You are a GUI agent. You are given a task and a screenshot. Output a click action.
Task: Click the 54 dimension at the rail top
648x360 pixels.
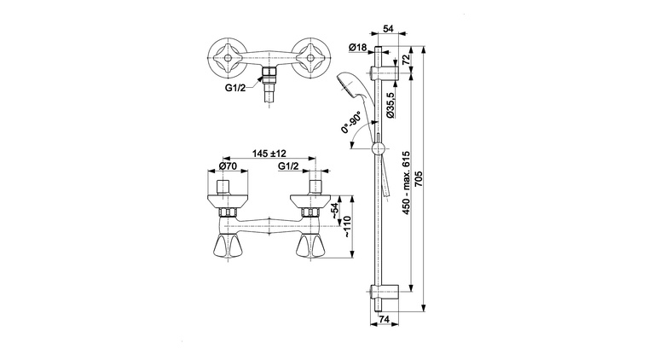click(x=388, y=28)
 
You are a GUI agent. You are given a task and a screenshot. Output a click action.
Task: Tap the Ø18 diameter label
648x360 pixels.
click(x=358, y=48)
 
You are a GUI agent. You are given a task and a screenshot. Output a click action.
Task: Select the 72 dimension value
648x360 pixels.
click(x=406, y=58)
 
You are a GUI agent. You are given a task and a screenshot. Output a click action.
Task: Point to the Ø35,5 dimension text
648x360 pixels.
click(x=391, y=105)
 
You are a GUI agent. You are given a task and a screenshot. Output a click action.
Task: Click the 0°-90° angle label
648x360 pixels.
click(x=351, y=123)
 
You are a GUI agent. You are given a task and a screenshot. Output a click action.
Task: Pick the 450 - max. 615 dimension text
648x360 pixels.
click(x=406, y=183)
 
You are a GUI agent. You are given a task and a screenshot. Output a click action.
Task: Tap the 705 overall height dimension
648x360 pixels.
click(x=419, y=179)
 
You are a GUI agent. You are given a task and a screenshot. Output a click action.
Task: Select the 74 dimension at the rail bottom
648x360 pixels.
click(x=384, y=320)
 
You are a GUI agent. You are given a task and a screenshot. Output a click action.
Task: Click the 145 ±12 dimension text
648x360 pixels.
click(x=269, y=154)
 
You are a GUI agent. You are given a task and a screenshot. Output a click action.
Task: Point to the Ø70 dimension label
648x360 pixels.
click(x=228, y=166)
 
